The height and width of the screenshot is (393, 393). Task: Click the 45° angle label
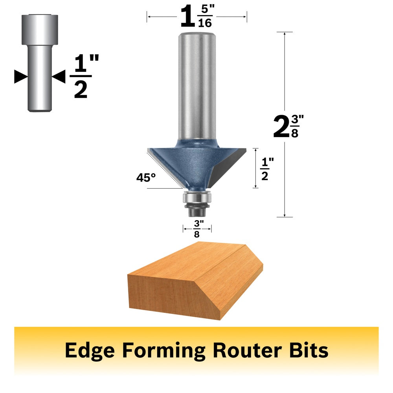tap(146, 178)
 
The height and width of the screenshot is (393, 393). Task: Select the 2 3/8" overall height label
tap(288, 126)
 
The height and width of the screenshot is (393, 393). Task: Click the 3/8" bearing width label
tap(197, 229)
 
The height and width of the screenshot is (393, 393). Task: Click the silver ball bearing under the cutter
tap(197, 197)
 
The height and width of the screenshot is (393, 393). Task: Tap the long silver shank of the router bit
tap(197, 86)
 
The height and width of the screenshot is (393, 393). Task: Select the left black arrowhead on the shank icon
tap(21, 77)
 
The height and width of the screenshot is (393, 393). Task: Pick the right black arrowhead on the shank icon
tap(59, 77)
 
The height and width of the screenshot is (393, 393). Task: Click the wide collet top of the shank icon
tap(40, 29)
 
